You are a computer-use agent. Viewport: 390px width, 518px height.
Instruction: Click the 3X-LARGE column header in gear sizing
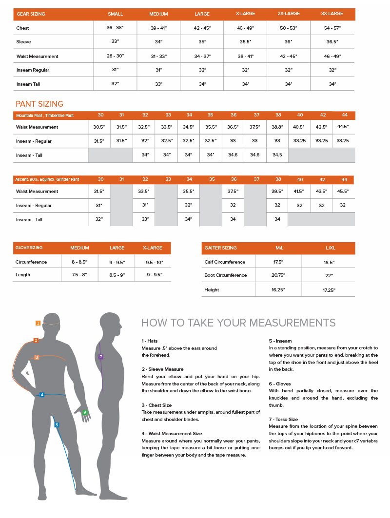pyautogui.click(x=333, y=14)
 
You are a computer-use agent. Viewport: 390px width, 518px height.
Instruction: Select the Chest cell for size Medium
pyautogui.click(x=158, y=28)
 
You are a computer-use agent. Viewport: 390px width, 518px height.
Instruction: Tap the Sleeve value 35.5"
pyautogui.click(x=245, y=42)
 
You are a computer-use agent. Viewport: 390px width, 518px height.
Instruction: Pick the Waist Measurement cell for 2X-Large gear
pyautogui.click(x=289, y=56)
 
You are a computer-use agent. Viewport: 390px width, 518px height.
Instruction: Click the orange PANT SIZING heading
pyautogui.click(x=39, y=104)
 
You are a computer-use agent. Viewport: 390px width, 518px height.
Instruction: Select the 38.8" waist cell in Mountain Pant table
pyautogui.click(x=277, y=127)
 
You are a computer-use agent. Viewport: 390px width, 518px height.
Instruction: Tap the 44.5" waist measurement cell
pyautogui.click(x=343, y=127)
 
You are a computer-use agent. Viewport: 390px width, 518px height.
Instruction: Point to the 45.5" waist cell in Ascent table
pyautogui.click(x=343, y=192)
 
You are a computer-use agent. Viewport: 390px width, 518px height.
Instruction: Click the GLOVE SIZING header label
pyautogui.click(x=29, y=248)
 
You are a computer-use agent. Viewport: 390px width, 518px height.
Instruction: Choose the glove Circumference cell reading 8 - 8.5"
pyautogui.click(x=79, y=262)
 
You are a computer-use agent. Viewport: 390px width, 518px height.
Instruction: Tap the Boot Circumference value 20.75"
pyautogui.click(x=279, y=275)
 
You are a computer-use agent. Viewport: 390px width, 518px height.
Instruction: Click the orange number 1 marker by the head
pyautogui.click(x=38, y=323)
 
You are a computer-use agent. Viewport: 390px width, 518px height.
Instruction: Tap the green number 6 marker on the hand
pyautogui.click(x=85, y=413)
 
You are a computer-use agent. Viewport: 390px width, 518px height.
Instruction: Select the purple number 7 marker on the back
pyautogui.click(x=101, y=357)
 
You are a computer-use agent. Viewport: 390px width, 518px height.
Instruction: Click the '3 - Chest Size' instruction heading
pyautogui.click(x=156, y=405)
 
